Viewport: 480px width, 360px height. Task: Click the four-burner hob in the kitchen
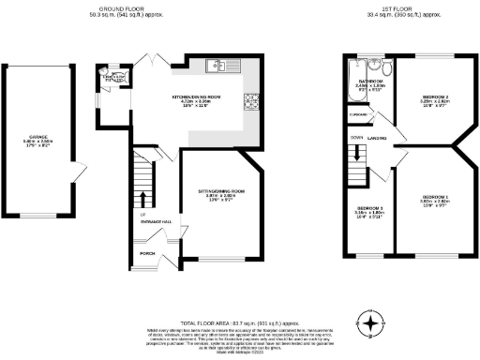coord(254,101)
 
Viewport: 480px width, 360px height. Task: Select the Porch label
coord(147,253)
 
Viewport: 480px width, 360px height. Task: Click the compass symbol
coord(373,324)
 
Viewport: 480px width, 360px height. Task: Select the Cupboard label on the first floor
coord(357,115)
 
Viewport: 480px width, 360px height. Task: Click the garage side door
coord(79,170)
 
